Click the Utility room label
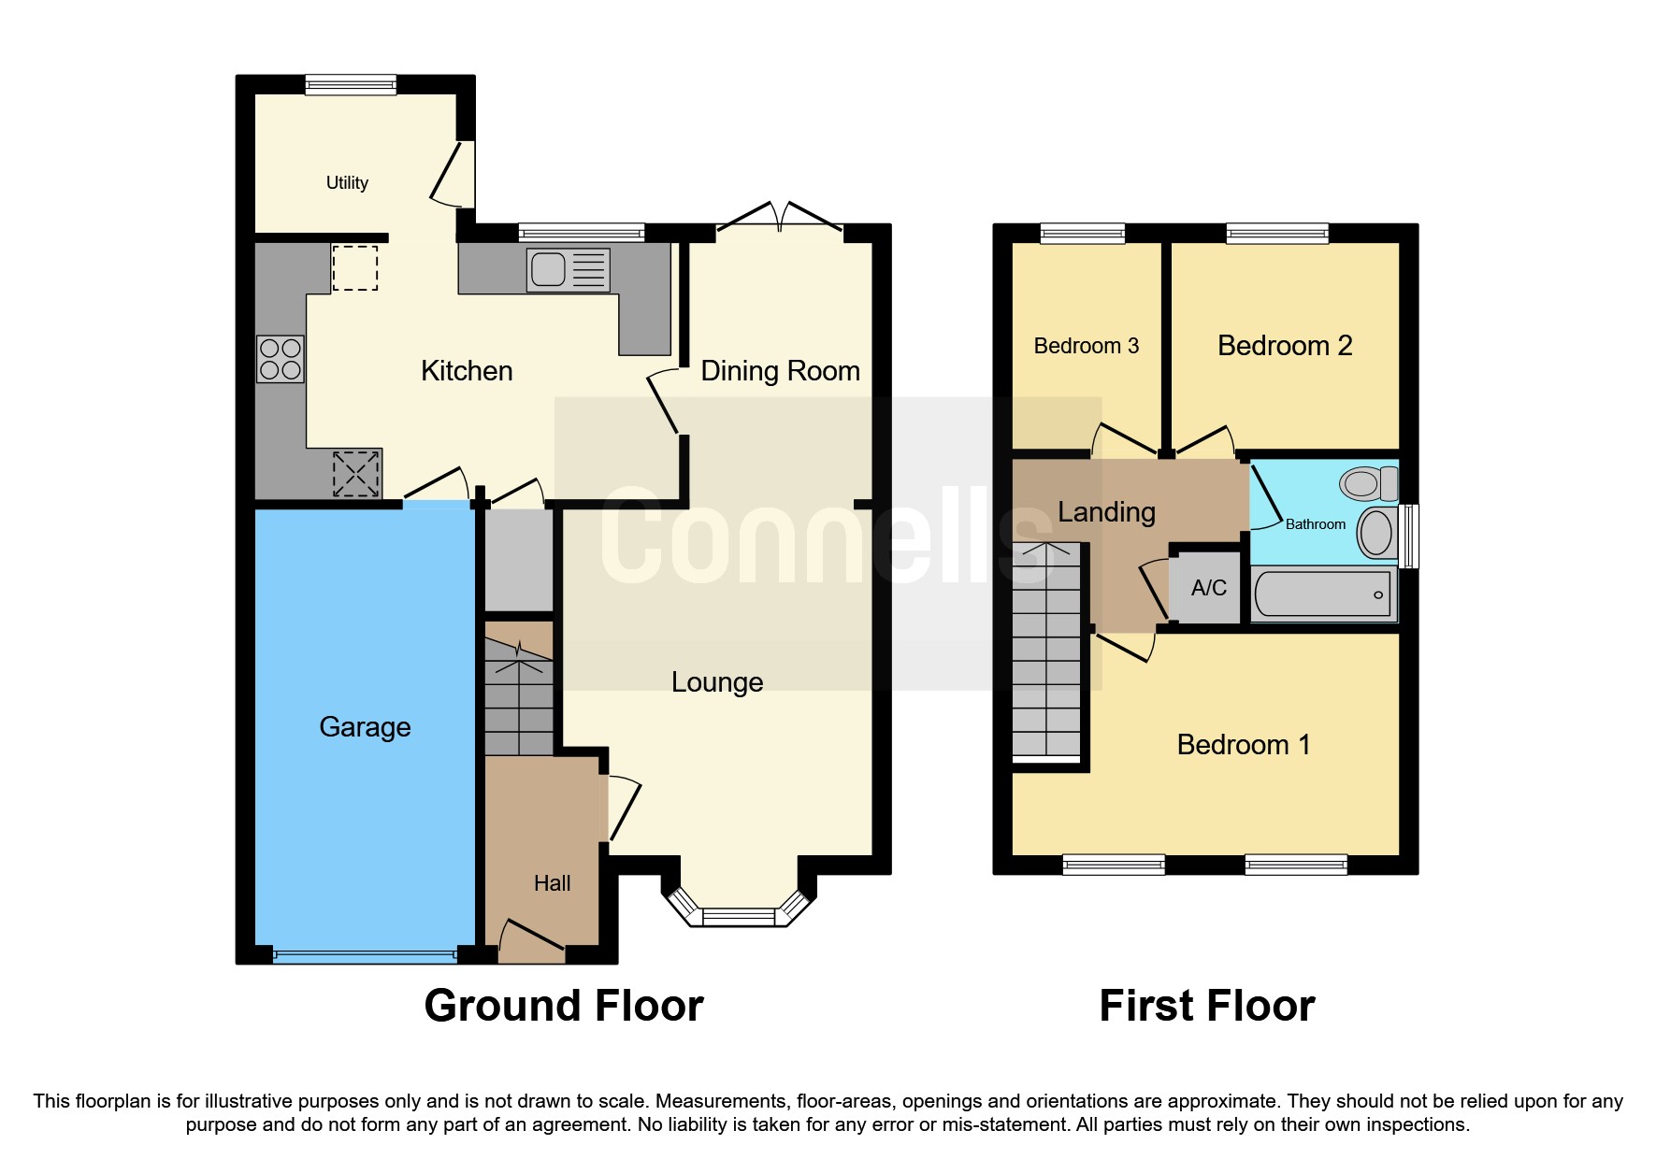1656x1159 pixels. click(x=347, y=183)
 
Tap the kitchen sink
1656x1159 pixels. click(x=569, y=270)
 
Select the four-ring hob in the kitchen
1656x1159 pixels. click(x=281, y=360)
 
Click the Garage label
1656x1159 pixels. click(x=365, y=727)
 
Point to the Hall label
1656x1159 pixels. click(x=552, y=883)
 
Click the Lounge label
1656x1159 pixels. click(x=717, y=682)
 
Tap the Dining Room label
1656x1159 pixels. click(x=780, y=371)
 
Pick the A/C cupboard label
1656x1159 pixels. click(x=1208, y=588)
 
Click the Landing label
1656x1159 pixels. click(x=1106, y=512)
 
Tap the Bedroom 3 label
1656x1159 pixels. click(x=1086, y=346)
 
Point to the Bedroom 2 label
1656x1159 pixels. click(x=1285, y=346)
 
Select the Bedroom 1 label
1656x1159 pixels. click(x=1244, y=745)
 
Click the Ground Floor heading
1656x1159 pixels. click(x=564, y=1006)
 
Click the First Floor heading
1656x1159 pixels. click(x=1207, y=1006)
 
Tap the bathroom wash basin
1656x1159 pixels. click(x=1377, y=533)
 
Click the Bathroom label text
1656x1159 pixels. click(x=1316, y=524)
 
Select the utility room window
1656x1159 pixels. click(x=351, y=84)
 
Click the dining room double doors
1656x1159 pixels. click(x=780, y=217)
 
